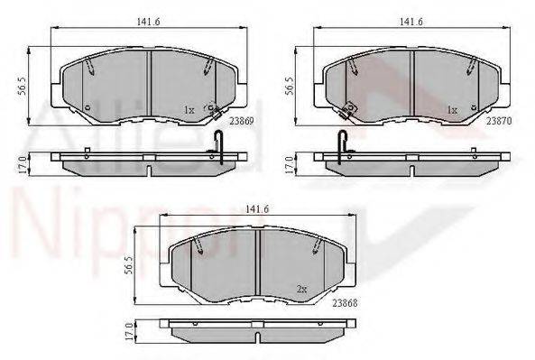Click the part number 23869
point(242,121)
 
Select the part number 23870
point(499,121)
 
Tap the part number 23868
point(346,302)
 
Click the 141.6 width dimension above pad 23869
point(149,22)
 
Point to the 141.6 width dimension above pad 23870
point(411,22)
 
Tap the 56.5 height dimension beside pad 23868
point(129,264)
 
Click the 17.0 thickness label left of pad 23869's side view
point(23,165)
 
